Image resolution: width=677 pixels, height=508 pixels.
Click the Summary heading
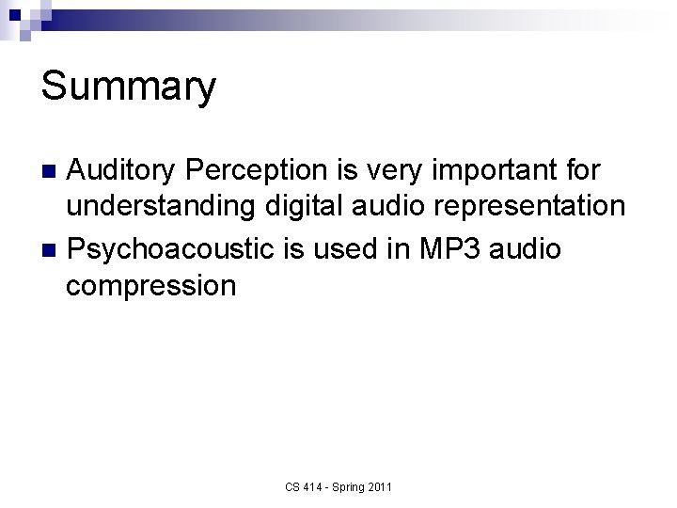point(129,87)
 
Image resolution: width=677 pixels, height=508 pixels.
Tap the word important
point(497,170)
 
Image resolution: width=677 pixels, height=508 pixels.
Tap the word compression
point(151,284)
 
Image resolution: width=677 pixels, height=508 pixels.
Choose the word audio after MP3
point(527,248)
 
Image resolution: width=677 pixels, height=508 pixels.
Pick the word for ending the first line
point(581,170)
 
